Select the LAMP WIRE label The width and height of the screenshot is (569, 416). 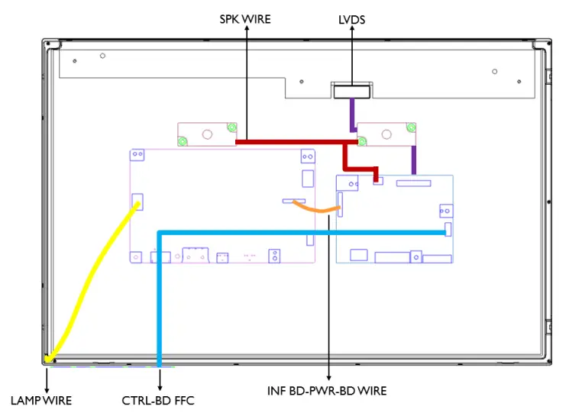point(40,400)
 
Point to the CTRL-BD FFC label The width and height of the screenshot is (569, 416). point(158,400)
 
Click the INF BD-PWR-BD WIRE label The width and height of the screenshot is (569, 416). point(327,391)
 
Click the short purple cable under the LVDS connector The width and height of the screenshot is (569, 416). point(351,114)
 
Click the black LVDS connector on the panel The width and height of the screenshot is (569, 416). point(351,92)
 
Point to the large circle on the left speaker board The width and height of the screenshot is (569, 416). point(207,133)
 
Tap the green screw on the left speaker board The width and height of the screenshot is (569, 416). point(183,140)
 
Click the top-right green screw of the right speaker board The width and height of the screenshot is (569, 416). point(412,127)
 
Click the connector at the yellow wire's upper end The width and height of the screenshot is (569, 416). point(137,202)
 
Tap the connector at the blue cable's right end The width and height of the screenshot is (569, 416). point(448,229)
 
